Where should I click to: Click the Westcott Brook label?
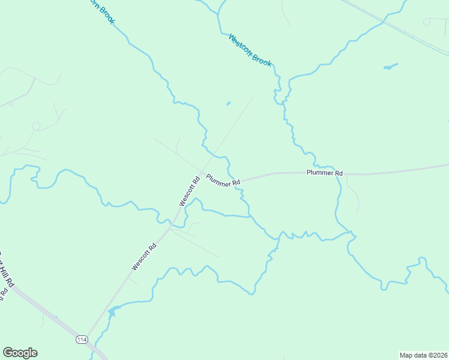(x=250, y=49)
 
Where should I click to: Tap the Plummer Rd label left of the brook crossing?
(x=223, y=180)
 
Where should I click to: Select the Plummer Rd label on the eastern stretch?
(x=324, y=173)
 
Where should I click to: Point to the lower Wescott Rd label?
(x=144, y=256)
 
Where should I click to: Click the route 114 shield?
(x=82, y=340)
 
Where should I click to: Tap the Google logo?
(x=20, y=353)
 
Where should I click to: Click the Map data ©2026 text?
(x=423, y=355)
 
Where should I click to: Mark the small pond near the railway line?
(x=390, y=66)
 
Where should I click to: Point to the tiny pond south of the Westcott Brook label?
(x=228, y=103)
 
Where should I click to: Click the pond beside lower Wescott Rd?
(x=112, y=311)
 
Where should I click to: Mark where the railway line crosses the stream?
(x=383, y=22)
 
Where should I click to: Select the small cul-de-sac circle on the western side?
(x=36, y=126)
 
